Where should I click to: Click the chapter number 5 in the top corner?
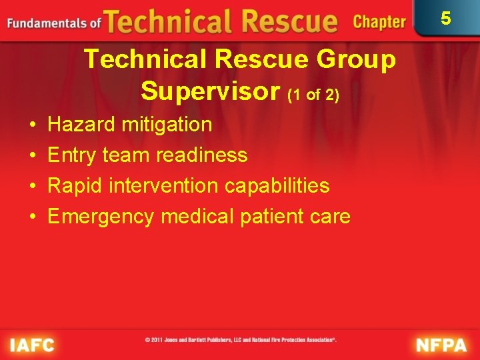coord(446,18)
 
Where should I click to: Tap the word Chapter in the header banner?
coord(379,22)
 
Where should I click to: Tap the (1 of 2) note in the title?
coord(313,95)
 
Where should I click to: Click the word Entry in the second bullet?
coord(73,155)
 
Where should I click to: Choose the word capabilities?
coord(277,185)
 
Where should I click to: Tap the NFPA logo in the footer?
coord(442,345)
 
